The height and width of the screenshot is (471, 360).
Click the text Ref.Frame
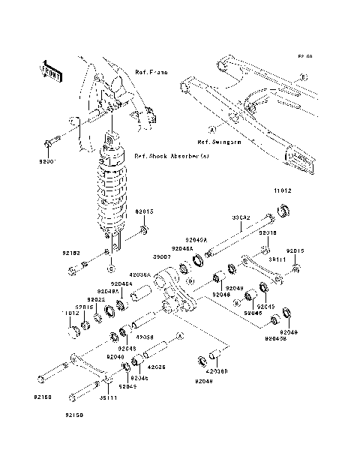point(150,73)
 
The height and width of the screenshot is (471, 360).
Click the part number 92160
point(43,396)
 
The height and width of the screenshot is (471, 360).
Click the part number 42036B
point(217,370)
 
